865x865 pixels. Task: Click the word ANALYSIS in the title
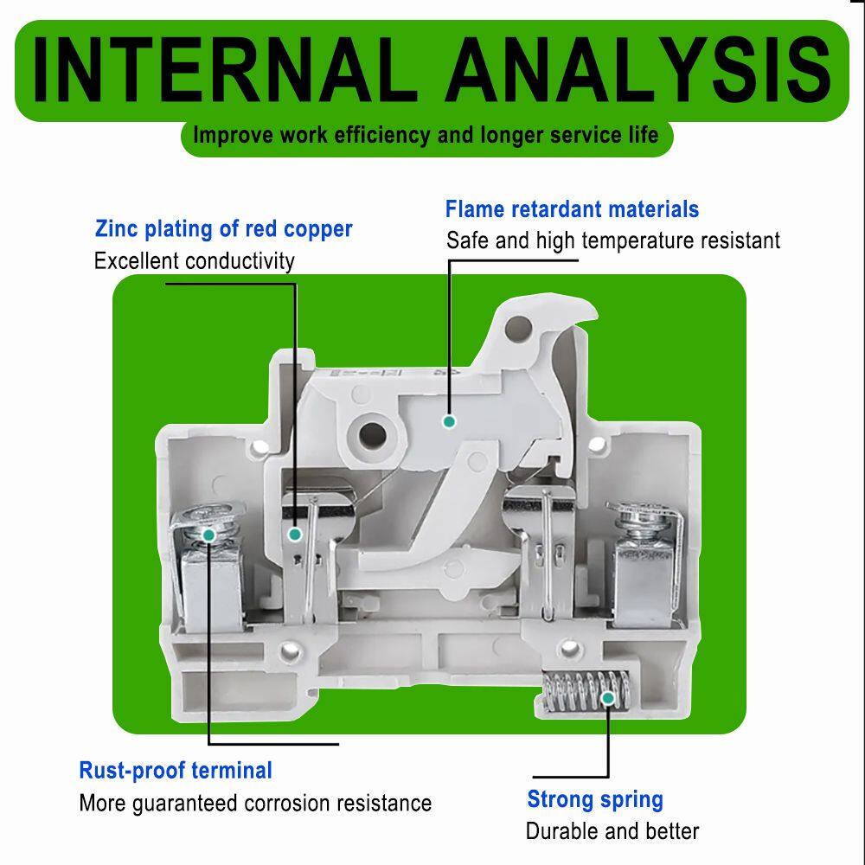[639, 69]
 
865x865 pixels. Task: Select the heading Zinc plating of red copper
[223, 229]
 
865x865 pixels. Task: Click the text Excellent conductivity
[194, 261]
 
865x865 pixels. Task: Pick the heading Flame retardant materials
[572, 209]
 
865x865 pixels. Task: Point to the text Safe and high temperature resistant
[613, 241]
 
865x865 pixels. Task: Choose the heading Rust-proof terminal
[176, 771]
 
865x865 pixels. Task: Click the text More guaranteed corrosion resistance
[255, 804]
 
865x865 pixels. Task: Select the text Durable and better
[612, 831]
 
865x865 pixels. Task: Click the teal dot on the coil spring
[608, 698]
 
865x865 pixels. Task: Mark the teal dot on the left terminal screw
[208, 535]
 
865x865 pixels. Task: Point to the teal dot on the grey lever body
[450, 422]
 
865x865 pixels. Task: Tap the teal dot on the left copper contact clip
[295, 534]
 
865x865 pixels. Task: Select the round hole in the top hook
[518, 328]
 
